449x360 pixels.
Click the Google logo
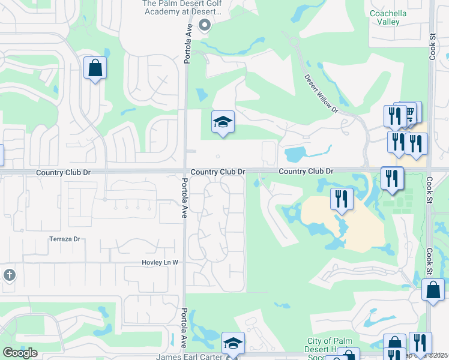coord(20,353)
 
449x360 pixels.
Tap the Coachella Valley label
coord(384,17)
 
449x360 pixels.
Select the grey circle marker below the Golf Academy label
coord(204,25)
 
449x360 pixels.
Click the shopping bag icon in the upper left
coord(95,68)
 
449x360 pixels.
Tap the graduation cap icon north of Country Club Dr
coord(223,122)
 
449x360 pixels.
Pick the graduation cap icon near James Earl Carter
coord(233,343)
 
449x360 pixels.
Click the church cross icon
coord(9,275)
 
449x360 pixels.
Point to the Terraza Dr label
coord(65,239)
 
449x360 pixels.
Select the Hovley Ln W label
coord(160,263)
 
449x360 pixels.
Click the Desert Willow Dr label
coord(321,94)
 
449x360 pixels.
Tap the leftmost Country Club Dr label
coord(63,172)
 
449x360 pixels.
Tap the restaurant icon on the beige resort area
coord(342,199)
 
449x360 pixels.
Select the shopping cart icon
coord(410,112)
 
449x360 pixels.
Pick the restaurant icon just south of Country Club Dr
coord(393,178)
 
